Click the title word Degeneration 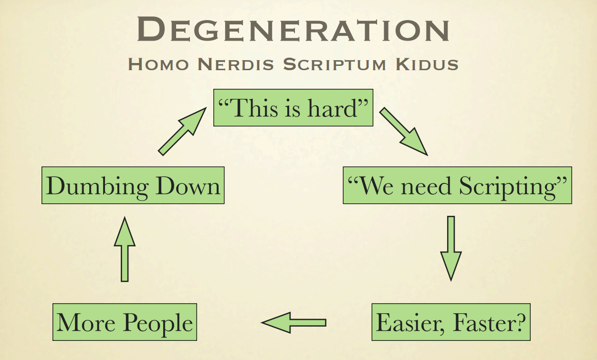(293, 29)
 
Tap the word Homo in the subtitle (158, 64)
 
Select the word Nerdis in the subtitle (236, 64)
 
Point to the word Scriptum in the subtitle (335, 64)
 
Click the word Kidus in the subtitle (427, 64)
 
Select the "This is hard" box (293, 108)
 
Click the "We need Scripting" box (457, 185)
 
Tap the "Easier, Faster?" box (451, 322)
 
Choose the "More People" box (125, 322)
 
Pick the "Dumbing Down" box (133, 185)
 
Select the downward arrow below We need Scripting (451, 248)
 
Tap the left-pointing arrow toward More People (293, 323)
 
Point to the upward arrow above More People (125, 249)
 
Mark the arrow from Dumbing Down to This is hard (182, 131)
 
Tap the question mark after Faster (520, 322)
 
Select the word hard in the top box (332, 108)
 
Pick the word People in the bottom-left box (158, 323)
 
